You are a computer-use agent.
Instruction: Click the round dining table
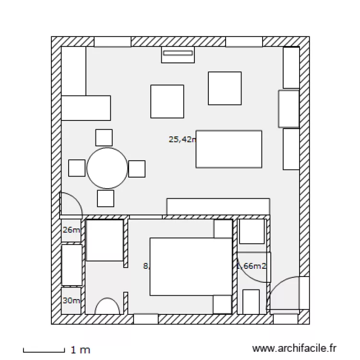pyautogui.click(x=108, y=168)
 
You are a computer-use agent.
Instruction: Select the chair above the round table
pyautogui.click(x=104, y=138)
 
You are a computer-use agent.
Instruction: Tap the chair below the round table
pyautogui.click(x=106, y=198)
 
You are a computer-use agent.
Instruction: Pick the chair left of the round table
pyautogui.click(x=77, y=168)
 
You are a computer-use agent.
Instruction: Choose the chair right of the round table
pyautogui.click(x=137, y=168)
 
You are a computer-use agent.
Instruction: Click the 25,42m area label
pyautogui.click(x=182, y=140)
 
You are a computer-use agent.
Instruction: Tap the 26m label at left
pyautogui.click(x=71, y=230)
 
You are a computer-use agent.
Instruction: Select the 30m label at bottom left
pyautogui.click(x=71, y=300)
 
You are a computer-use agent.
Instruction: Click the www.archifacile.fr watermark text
pyautogui.click(x=295, y=348)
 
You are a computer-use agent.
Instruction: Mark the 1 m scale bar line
pyautogui.click(x=44, y=350)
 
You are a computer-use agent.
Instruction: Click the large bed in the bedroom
pyautogui.click(x=191, y=266)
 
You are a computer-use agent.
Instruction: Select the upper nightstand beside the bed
pyautogui.click(x=223, y=229)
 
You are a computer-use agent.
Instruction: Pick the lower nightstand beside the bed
pyautogui.click(x=223, y=304)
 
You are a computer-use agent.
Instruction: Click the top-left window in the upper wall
pyautogui.click(x=112, y=42)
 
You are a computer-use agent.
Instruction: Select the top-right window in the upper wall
pyautogui.click(x=244, y=42)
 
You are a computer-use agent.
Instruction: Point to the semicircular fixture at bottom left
pyautogui.click(x=107, y=307)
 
